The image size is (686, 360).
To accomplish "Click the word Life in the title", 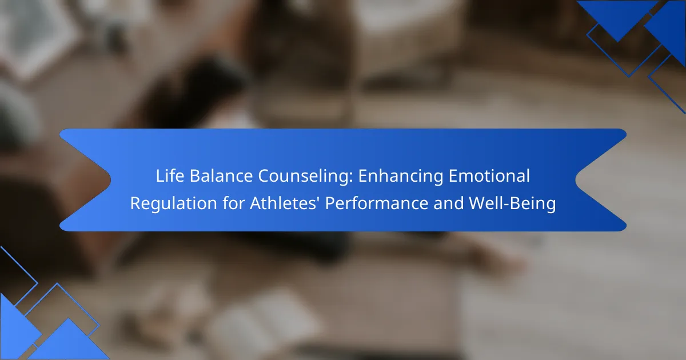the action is click(x=170, y=176).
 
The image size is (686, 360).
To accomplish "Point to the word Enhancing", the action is click(x=400, y=177).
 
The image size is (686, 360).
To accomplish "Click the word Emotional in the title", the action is click(x=489, y=176).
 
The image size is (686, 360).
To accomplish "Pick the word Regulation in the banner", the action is click(x=174, y=204).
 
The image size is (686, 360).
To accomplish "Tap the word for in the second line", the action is click(x=233, y=203).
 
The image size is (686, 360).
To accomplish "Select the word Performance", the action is click(x=376, y=203).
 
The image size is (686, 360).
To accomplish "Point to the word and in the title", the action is click(x=448, y=203).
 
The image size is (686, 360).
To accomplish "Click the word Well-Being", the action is click(x=512, y=204).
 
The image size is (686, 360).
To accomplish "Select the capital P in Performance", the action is click(x=330, y=203).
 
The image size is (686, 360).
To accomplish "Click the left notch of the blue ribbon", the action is click(x=110, y=180).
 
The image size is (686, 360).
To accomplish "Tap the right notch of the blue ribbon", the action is click(x=576, y=180).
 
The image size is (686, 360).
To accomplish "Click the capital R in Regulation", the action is click(x=136, y=203).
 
